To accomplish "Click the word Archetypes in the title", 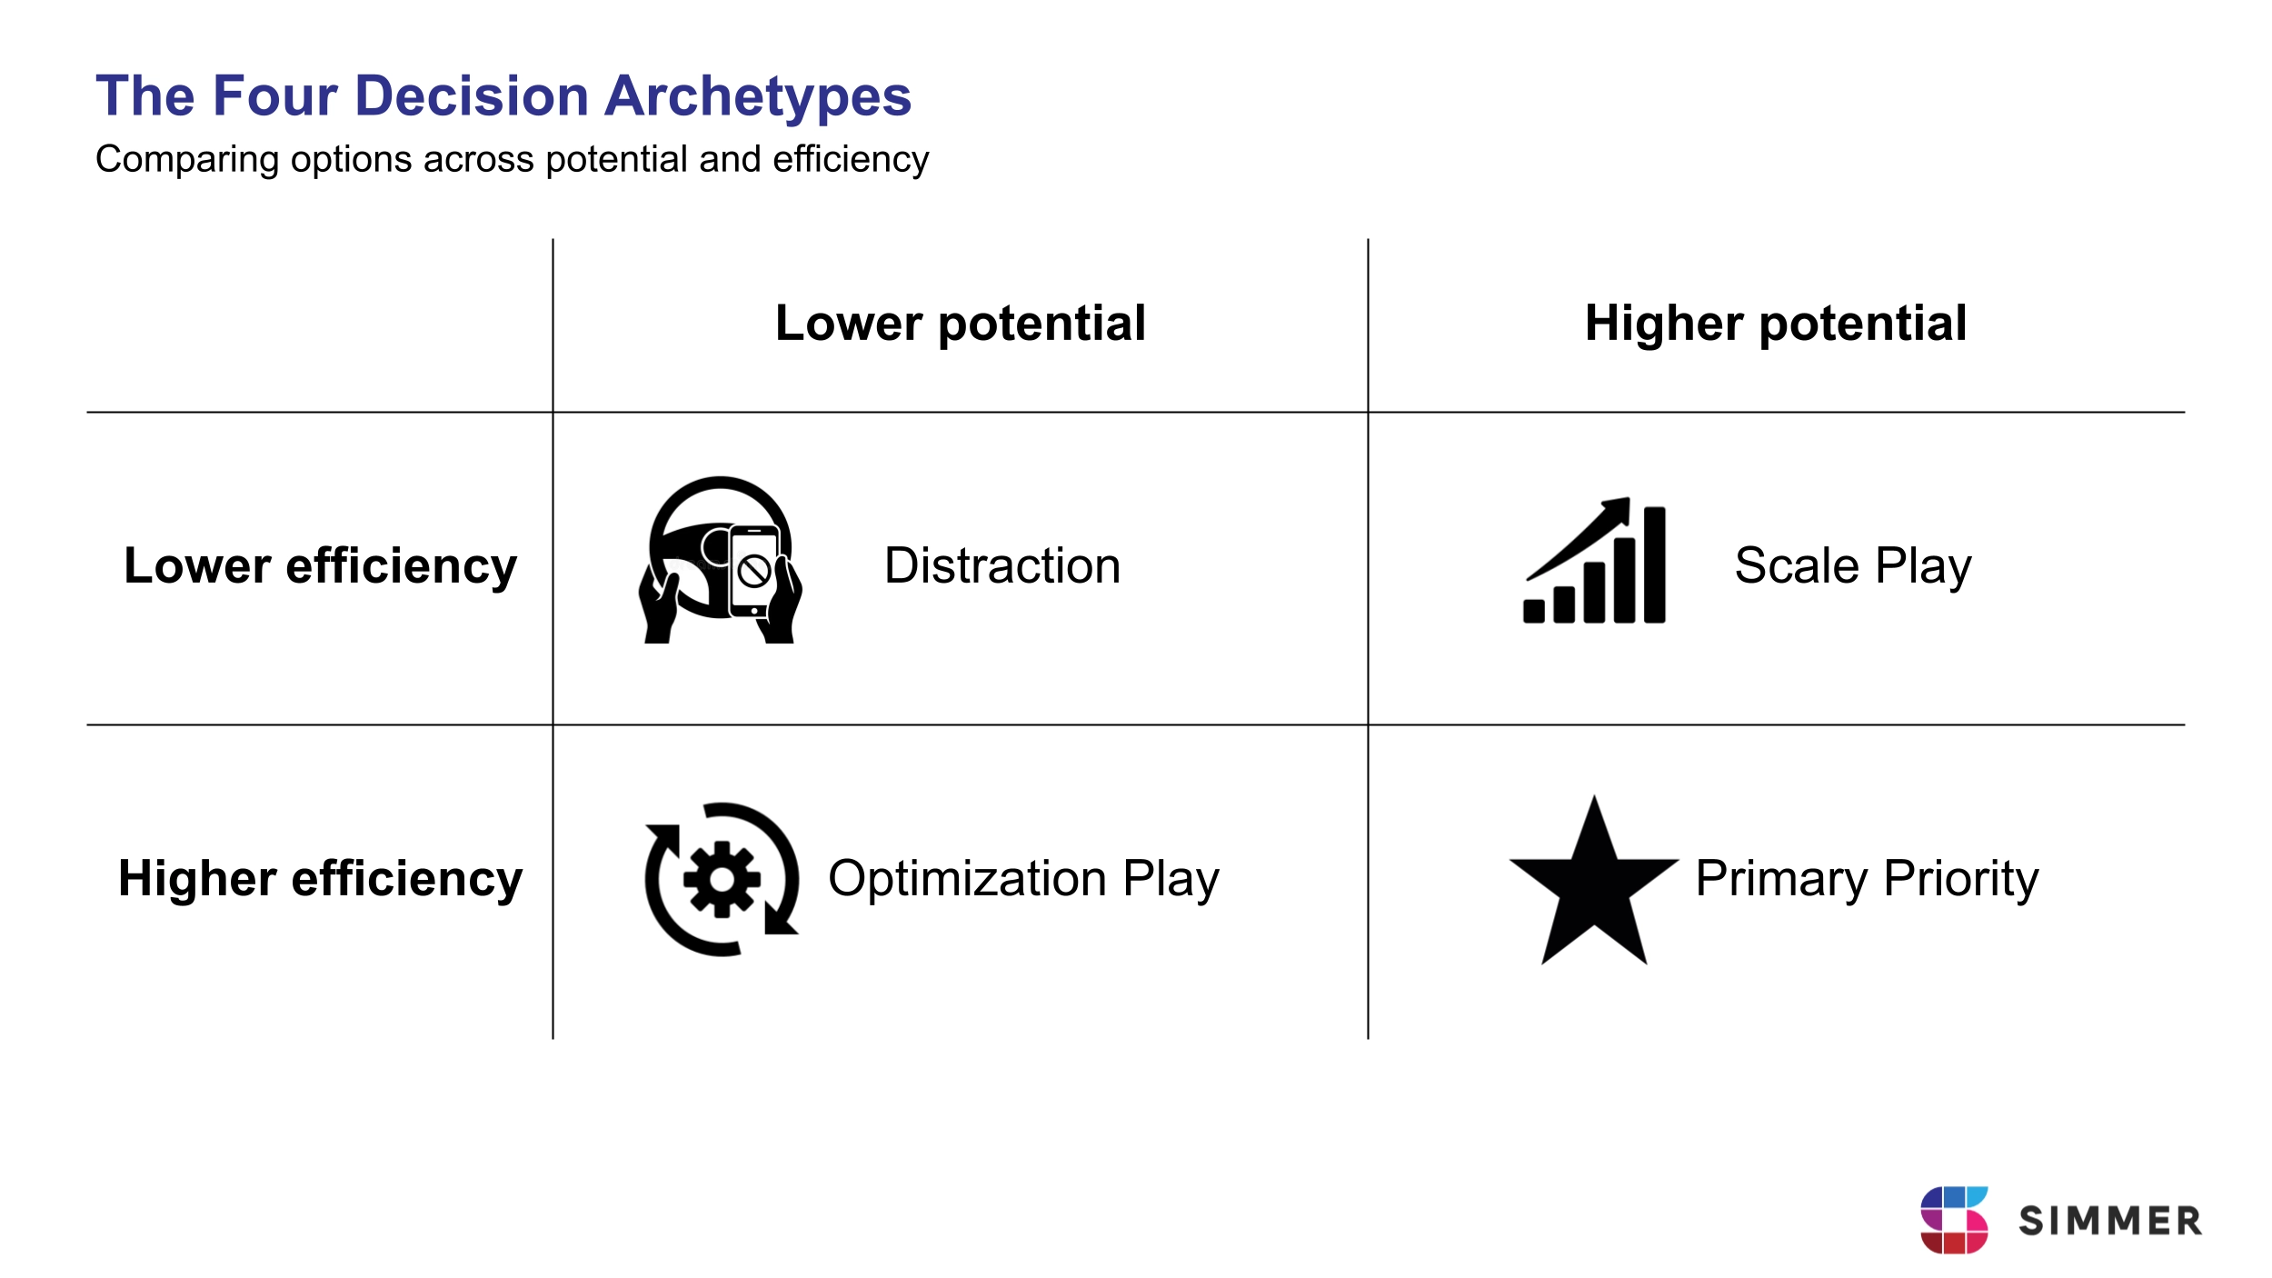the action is pos(758,97).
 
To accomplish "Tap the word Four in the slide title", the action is pos(274,96).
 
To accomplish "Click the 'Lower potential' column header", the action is pos(961,324).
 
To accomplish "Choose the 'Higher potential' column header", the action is pos(1776,324).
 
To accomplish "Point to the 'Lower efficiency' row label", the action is pos(320,566).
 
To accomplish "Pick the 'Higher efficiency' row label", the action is pos(320,879).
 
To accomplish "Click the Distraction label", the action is pos(1002,565).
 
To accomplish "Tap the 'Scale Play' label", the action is pos(1853,566).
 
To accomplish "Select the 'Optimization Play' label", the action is pos(1023,880).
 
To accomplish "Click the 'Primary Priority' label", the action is pos(1867,880).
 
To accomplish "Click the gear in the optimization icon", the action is pos(722,879).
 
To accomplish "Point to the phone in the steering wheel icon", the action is pos(753,571).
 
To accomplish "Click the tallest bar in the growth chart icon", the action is pos(1654,564).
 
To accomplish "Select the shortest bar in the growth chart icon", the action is pos(1534,611).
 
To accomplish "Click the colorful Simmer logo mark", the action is pos(1954,1220).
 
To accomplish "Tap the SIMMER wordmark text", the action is pos(2110,1221).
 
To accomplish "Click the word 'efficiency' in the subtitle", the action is pos(851,160).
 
